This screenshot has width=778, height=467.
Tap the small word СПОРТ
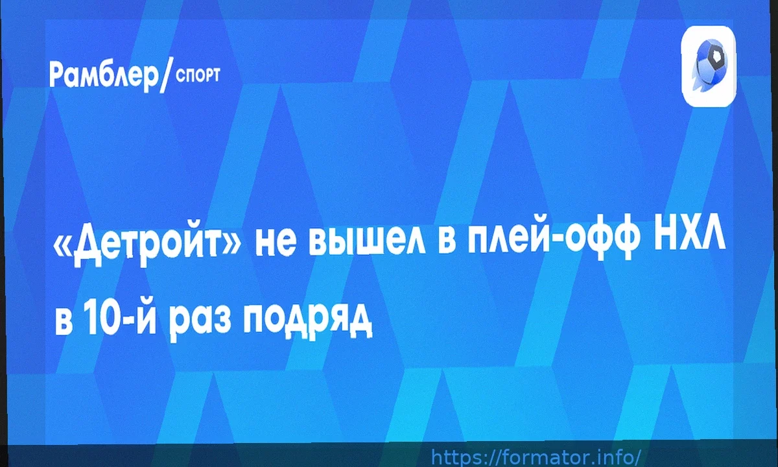(x=198, y=76)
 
